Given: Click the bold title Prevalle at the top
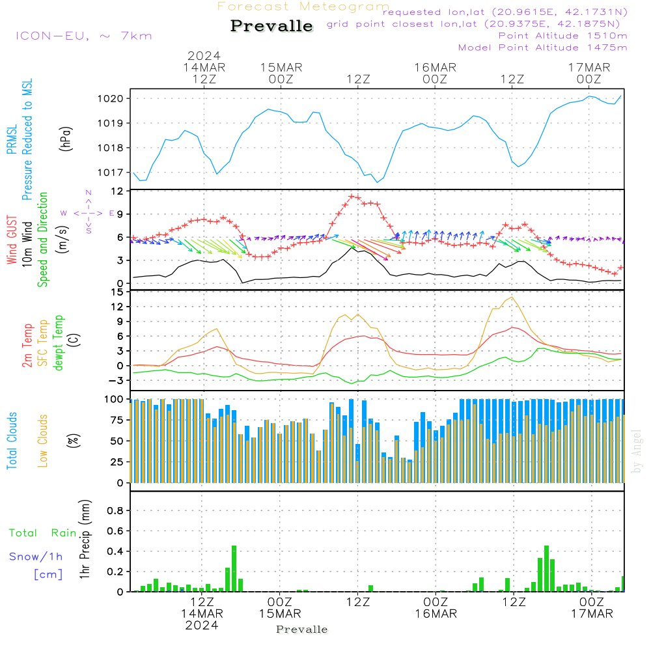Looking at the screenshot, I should pos(271,26).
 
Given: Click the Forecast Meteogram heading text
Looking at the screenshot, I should pos(303,7).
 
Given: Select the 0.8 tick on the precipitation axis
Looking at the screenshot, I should pos(115,510).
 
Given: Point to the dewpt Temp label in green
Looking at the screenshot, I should pos(59,343).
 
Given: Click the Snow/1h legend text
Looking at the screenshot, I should pos(36,557).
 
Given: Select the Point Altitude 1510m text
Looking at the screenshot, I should pos(562,36).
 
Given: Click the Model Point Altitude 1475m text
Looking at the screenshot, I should pos(542,48).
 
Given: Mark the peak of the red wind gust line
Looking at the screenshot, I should pos(352,195).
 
